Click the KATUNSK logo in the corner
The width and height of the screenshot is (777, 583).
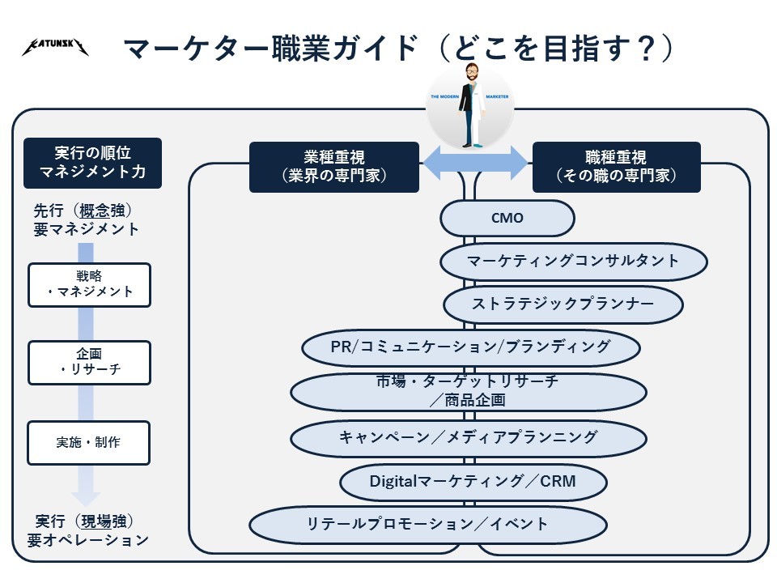pos(55,49)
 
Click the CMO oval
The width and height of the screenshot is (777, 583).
pos(507,218)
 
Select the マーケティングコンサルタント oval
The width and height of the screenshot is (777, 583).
pos(574,262)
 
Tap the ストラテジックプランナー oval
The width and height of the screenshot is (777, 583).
pos(563,304)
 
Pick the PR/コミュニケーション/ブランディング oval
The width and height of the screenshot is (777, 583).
pos(471,347)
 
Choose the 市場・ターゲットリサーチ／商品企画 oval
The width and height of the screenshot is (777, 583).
pos(468,391)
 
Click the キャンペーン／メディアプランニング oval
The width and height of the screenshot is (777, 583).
pos(468,438)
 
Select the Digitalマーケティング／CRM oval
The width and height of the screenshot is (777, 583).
pos(473,482)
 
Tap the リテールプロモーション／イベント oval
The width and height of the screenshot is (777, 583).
pos(427,524)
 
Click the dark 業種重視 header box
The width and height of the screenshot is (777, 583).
pos(333,167)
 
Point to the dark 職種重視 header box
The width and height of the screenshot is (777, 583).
pos(617,167)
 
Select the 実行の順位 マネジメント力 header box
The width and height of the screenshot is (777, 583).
pos(92,163)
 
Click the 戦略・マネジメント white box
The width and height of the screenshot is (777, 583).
pos(89,285)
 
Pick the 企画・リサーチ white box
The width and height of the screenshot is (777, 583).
pos(89,363)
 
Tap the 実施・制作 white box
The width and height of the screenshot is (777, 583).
pos(89,443)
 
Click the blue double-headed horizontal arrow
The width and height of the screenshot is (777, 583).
pos(475,163)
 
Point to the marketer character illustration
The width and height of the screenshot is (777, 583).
pos(473,105)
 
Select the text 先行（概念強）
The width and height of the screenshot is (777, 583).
pos(83,211)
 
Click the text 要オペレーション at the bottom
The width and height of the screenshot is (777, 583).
pos(88,540)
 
